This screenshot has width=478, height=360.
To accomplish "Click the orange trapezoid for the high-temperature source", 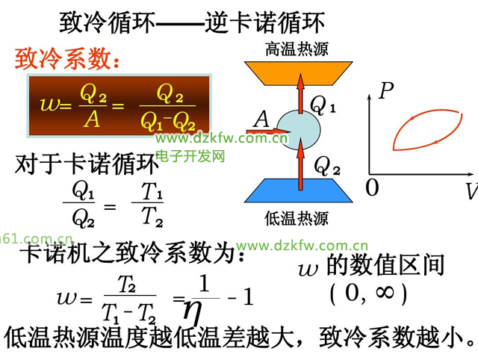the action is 299,73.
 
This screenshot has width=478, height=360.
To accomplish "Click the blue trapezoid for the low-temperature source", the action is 299,190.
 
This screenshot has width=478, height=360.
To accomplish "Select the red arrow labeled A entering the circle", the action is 267,131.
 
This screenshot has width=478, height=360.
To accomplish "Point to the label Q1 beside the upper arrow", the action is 323,105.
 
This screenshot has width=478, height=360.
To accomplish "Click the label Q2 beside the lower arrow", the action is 327,166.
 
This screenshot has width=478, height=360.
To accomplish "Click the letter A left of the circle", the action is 261,119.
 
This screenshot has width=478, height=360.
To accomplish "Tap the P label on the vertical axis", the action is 386,90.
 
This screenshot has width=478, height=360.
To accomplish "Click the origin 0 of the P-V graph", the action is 372,187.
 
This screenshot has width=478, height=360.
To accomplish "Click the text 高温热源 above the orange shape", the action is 297,49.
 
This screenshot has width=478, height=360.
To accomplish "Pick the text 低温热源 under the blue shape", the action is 297,219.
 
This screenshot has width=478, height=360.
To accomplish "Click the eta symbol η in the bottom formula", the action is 193,312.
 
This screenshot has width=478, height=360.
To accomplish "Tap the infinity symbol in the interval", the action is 385,292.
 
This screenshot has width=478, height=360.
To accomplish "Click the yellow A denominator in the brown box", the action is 92,119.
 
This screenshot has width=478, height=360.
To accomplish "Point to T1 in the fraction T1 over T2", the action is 152,191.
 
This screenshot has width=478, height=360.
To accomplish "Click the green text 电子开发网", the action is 190,156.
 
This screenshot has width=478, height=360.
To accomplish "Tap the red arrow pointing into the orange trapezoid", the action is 300,93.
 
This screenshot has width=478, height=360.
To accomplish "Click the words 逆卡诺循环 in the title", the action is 264,22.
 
